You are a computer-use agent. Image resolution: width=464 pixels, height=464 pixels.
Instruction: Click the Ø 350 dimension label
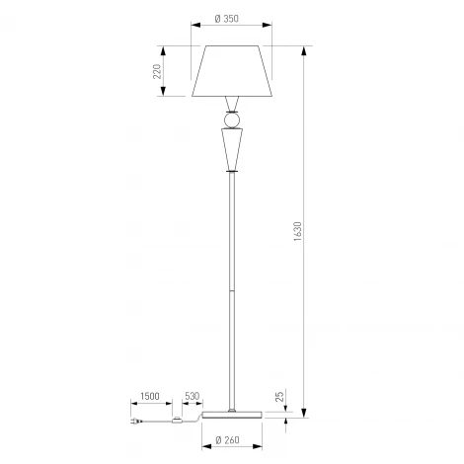pos(226,19)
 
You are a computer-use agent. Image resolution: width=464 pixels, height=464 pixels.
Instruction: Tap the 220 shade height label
pos(157,71)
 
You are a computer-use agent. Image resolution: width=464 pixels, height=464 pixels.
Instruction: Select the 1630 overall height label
pos(297,231)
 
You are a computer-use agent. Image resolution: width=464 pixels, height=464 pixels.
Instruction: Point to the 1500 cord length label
pos(150,396)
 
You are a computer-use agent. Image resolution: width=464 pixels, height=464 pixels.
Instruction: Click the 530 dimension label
pos(192,396)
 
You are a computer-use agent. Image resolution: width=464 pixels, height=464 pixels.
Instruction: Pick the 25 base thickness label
pos(279,397)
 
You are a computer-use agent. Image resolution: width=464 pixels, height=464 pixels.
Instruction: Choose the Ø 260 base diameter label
pos(227,440)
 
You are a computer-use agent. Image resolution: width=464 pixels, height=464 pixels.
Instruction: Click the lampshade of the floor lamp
pos(232,71)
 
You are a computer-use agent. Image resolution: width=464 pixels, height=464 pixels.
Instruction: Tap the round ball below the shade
pos(232,119)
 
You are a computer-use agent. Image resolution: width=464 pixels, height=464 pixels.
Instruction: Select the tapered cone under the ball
pos(232,149)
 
